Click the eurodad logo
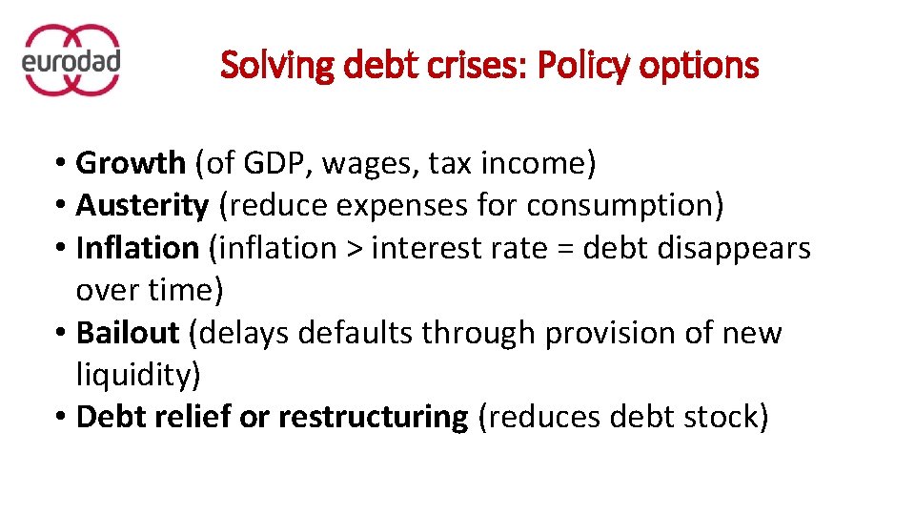71,60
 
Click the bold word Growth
131,164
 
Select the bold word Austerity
142,206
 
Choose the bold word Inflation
137,248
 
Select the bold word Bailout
128,333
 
